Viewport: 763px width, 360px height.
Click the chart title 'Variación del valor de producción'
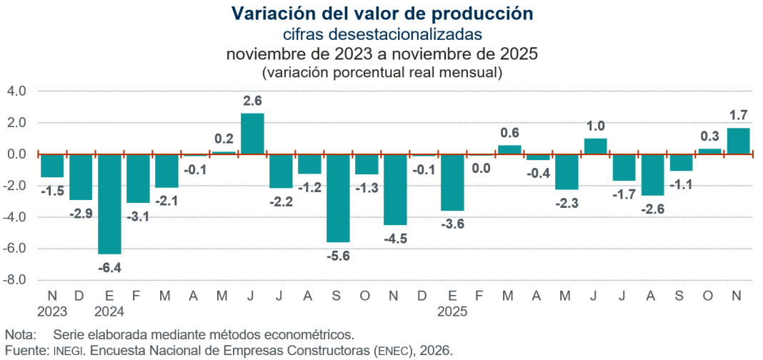[x=381, y=14]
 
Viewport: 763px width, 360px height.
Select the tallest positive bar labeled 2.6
[x=252, y=134]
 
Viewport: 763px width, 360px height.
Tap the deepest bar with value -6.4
[x=109, y=204]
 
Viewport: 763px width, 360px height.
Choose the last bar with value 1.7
[x=738, y=141]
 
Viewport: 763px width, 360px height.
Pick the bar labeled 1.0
[x=595, y=146]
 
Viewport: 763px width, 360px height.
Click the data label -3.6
[x=452, y=224]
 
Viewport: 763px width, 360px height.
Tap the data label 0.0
[x=481, y=169]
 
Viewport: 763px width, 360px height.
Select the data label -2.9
[x=81, y=214]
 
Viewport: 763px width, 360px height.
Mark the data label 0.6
[x=509, y=132]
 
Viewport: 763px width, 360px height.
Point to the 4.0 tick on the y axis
[x=16, y=91]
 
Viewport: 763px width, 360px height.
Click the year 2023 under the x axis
[x=52, y=311]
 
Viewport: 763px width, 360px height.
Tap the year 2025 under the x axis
[x=452, y=311]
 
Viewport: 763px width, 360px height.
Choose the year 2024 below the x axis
[x=109, y=311]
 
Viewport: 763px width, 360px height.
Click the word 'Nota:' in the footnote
[x=21, y=334]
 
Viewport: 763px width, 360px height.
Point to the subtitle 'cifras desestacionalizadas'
[x=381, y=34]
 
